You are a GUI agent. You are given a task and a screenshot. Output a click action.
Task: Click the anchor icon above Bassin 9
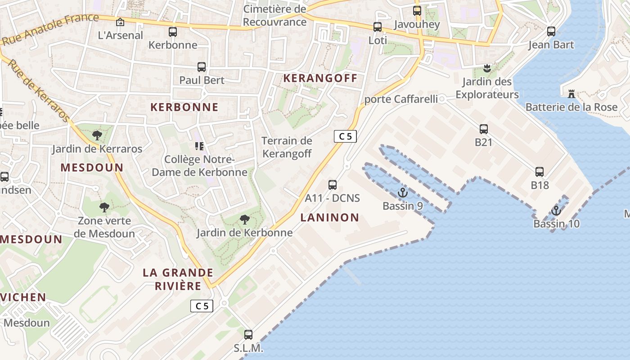[x=402, y=193]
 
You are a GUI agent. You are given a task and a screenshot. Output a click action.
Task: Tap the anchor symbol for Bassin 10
[x=556, y=211]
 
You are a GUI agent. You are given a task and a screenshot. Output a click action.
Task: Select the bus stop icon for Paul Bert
[x=202, y=67]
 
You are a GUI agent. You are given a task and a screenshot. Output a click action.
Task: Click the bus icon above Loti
[x=378, y=27]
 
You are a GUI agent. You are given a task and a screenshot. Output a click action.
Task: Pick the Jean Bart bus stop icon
[x=551, y=31]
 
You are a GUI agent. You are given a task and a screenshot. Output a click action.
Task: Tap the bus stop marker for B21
[x=484, y=129]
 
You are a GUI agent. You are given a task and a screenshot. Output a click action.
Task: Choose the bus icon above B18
[x=540, y=172]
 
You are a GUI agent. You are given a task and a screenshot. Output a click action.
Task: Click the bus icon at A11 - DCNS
[x=333, y=184]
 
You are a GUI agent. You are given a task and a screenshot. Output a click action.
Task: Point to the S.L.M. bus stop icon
[x=248, y=335]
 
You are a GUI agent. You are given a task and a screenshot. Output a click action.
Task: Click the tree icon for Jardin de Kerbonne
[x=245, y=220]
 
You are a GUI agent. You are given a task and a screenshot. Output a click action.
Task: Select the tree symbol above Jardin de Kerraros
[x=97, y=135]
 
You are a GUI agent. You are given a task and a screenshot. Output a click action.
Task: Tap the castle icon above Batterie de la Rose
[x=571, y=94]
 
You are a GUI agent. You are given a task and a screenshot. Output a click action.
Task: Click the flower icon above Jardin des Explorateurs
[x=486, y=68]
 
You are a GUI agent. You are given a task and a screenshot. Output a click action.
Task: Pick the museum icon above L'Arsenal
[x=120, y=22]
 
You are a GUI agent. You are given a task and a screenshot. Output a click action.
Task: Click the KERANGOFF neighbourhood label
[x=320, y=78]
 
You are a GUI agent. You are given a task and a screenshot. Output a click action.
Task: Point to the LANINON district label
[x=330, y=218]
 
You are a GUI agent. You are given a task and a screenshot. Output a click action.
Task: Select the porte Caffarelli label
[x=401, y=99]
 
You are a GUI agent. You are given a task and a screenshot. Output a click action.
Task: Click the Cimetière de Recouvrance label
[x=274, y=15]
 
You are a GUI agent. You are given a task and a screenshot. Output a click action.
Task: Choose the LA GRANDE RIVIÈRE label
[x=178, y=279]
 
